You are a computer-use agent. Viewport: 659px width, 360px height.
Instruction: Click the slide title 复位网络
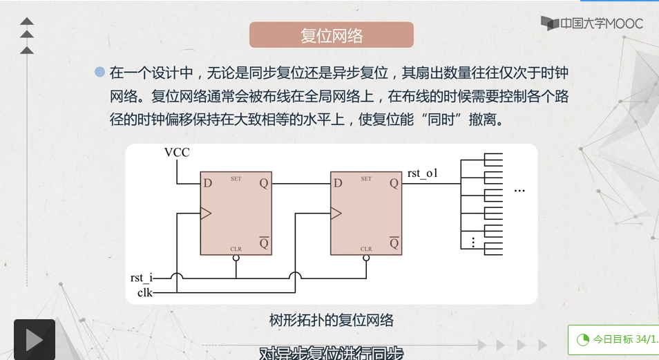(x=331, y=36)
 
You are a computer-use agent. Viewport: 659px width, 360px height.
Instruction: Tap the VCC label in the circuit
(x=177, y=152)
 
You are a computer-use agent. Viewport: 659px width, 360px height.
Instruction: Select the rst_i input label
(x=140, y=278)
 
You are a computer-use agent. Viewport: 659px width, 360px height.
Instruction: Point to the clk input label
(x=144, y=293)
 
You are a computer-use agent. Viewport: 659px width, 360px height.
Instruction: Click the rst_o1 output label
(x=423, y=173)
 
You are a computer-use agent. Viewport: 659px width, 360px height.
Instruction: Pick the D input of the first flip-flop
(x=207, y=184)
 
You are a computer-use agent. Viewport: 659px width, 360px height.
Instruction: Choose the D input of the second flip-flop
(x=338, y=184)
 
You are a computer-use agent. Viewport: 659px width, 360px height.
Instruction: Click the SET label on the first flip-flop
(x=236, y=179)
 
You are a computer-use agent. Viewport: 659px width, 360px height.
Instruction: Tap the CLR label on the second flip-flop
(x=366, y=249)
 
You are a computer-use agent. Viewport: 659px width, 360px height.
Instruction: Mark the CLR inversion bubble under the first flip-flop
(x=236, y=258)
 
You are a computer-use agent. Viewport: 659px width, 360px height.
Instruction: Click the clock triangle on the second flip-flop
(x=336, y=214)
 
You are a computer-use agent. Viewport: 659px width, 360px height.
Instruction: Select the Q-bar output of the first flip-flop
(x=263, y=244)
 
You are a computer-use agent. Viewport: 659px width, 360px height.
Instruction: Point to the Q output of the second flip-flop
(x=394, y=184)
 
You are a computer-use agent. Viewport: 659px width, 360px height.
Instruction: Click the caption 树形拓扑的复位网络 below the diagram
(x=332, y=321)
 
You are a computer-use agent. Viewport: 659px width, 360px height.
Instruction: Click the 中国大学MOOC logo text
(x=601, y=24)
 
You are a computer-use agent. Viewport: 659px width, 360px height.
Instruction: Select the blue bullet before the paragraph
(x=99, y=72)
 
